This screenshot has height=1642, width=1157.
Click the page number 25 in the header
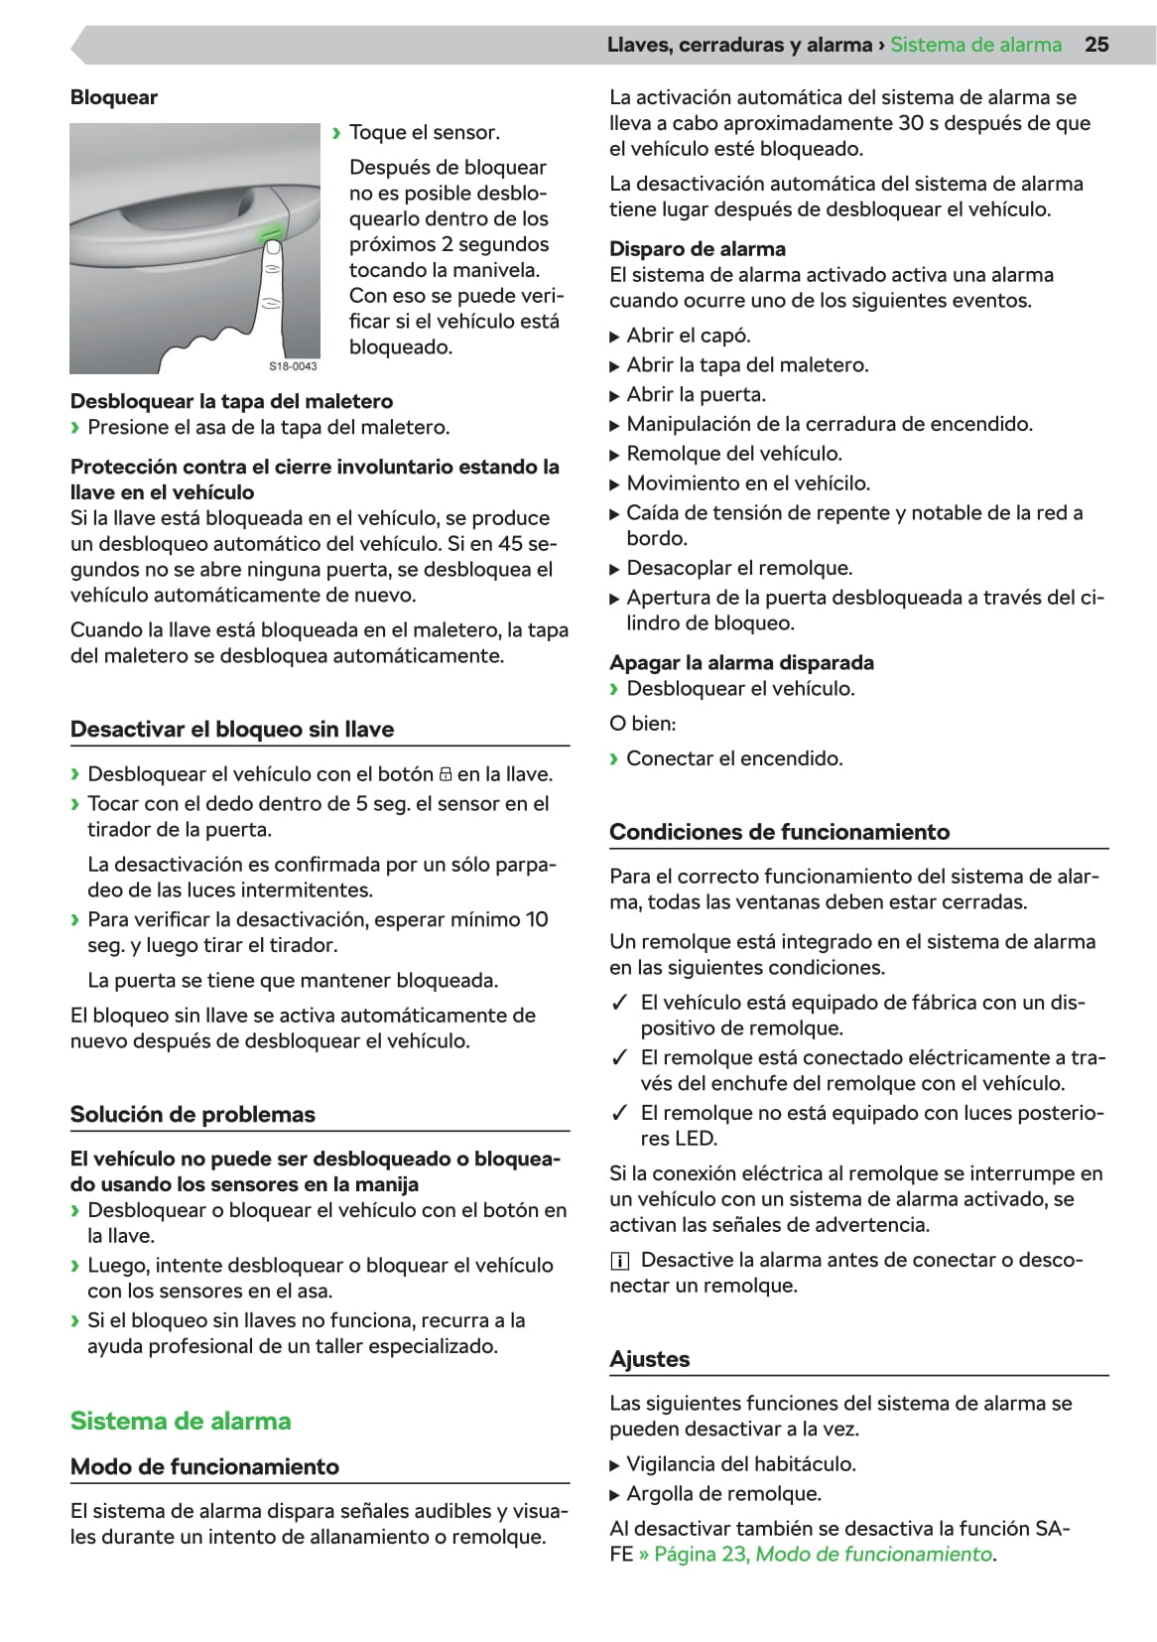click(x=1096, y=45)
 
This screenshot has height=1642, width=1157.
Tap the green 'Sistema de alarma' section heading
click(x=181, y=1421)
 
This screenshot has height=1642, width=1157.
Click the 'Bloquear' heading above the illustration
click(x=114, y=97)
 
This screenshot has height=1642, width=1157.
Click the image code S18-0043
click(x=293, y=366)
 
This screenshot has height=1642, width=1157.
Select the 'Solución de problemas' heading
click(x=193, y=1114)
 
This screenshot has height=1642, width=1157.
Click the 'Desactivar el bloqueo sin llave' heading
click(x=232, y=729)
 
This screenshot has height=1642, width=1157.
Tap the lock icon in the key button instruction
click(x=446, y=774)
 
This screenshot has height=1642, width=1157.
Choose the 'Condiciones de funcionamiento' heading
click(x=779, y=832)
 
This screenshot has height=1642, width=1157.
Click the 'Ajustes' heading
click(x=650, y=1359)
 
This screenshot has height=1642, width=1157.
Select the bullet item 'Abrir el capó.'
click(x=689, y=336)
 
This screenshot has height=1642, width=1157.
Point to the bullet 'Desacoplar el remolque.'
click(x=739, y=568)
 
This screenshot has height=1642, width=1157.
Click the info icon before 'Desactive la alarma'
click(x=620, y=1261)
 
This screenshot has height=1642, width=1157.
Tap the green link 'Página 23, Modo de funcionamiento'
click(x=823, y=1554)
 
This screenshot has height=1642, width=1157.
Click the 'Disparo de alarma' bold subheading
click(x=698, y=249)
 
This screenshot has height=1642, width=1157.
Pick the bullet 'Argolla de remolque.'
click(x=724, y=1493)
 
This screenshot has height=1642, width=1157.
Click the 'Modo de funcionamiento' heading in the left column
click(x=204, y=1466)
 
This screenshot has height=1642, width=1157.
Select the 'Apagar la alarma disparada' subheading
click(x=741, y=662)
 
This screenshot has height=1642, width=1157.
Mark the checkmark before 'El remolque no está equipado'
click(x=620, y=1113)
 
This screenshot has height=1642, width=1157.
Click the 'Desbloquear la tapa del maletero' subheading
click(x=231, y=401)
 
